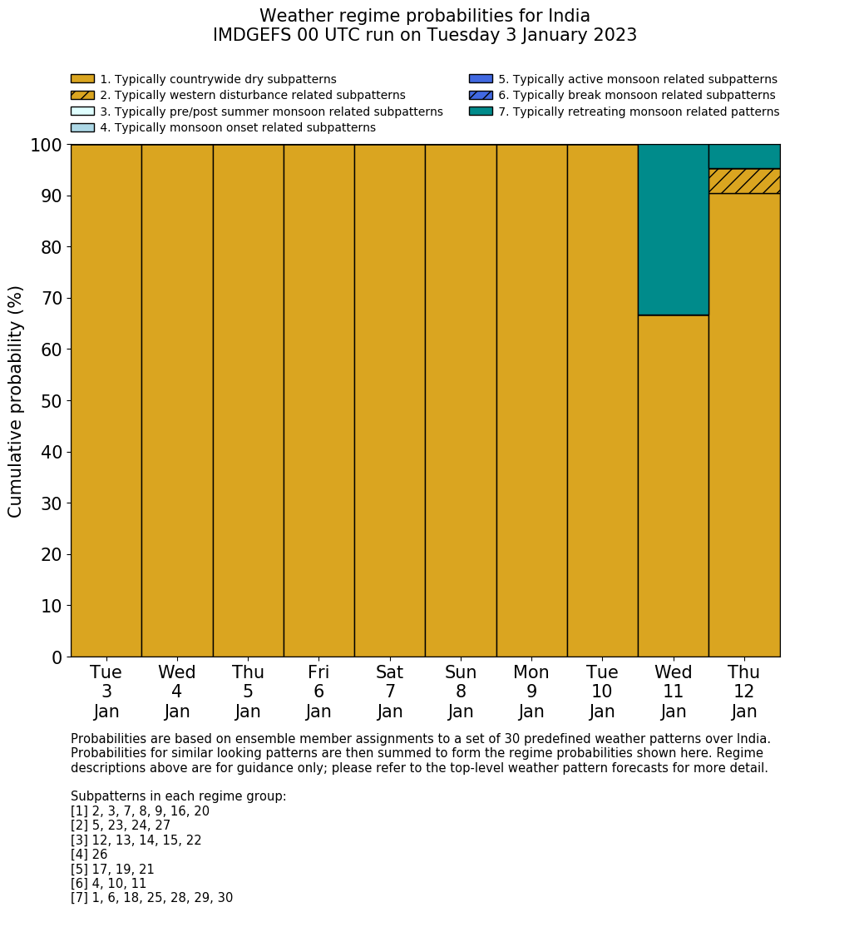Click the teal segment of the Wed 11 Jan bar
[673, 230]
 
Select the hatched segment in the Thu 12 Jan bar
[744, 181]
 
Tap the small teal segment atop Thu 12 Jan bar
[744, 156]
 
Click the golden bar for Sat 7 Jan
[389, 400]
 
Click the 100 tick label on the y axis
[47, 146]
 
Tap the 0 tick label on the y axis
[57, 657]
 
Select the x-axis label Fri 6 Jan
[318, 692]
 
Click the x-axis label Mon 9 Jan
[531, 692]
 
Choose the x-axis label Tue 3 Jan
[106, 692]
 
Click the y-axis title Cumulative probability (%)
[16, 401]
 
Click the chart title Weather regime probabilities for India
[425, 17]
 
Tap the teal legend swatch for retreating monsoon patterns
[481, 112]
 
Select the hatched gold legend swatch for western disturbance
[82, 96]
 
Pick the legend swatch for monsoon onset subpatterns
[82, 127]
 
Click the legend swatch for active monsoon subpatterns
[481, 79]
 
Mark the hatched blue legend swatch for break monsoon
[481, 96]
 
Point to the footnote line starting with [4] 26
[89, 855]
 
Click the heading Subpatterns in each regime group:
[178, 796]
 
